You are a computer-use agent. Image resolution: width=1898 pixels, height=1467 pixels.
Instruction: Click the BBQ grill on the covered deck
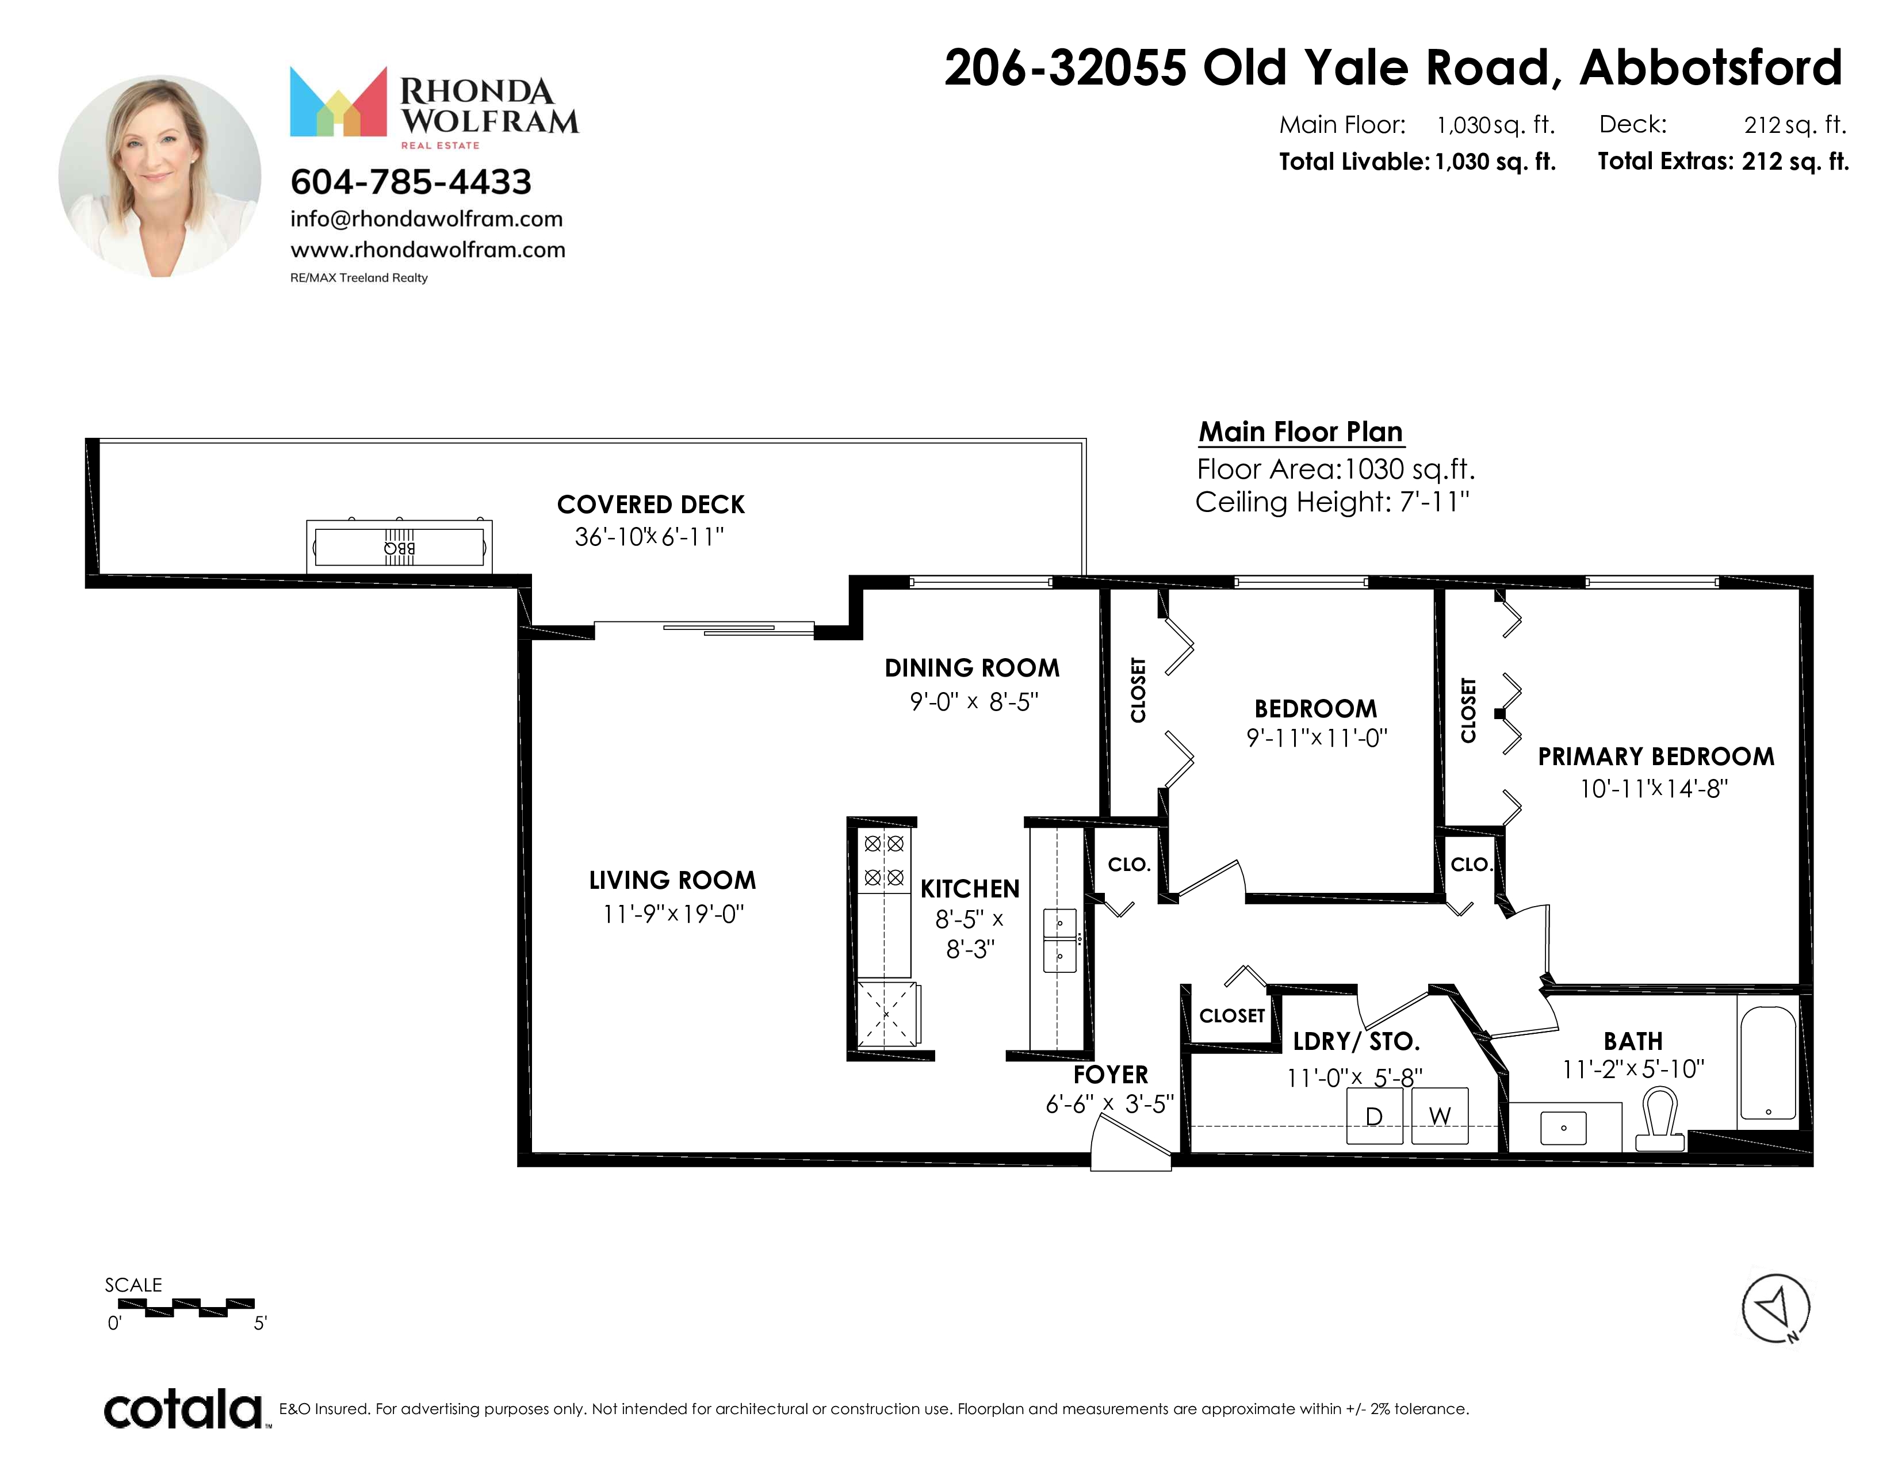point(399,546)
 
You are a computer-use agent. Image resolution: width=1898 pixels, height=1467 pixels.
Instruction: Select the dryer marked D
point(1374,1116)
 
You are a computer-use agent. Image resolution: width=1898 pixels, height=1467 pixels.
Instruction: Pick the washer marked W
point(1440,1116)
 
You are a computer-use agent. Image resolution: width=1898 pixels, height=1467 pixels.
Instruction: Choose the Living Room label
point(672,880)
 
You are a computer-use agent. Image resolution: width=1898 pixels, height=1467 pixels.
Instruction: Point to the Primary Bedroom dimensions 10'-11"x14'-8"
point(1654,788)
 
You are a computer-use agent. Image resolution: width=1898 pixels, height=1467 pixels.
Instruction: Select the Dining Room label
point(971,668)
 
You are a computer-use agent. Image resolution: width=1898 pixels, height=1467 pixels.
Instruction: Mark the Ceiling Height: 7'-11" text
point(1332,502)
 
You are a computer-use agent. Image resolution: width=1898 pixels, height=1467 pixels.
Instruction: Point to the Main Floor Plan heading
point(1301,432)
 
